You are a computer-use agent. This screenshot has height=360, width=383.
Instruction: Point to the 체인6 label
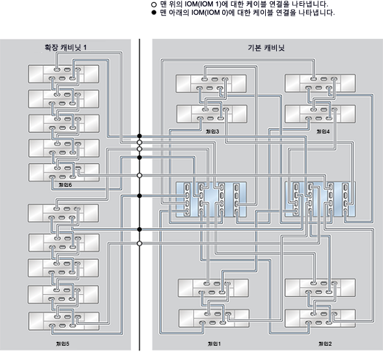pos(64,186)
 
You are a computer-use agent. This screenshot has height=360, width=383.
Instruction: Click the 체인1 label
pos(214,343)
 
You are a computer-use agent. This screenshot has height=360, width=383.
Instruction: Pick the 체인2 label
pos(324,343)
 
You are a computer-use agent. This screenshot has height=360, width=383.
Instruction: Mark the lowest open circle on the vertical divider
pos(139,243)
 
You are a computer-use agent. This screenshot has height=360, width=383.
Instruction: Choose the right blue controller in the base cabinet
pos(321,199)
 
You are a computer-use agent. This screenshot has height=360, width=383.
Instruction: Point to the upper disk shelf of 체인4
pos(319,84)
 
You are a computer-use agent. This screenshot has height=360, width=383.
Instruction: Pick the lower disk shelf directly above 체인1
pos(212,318)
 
